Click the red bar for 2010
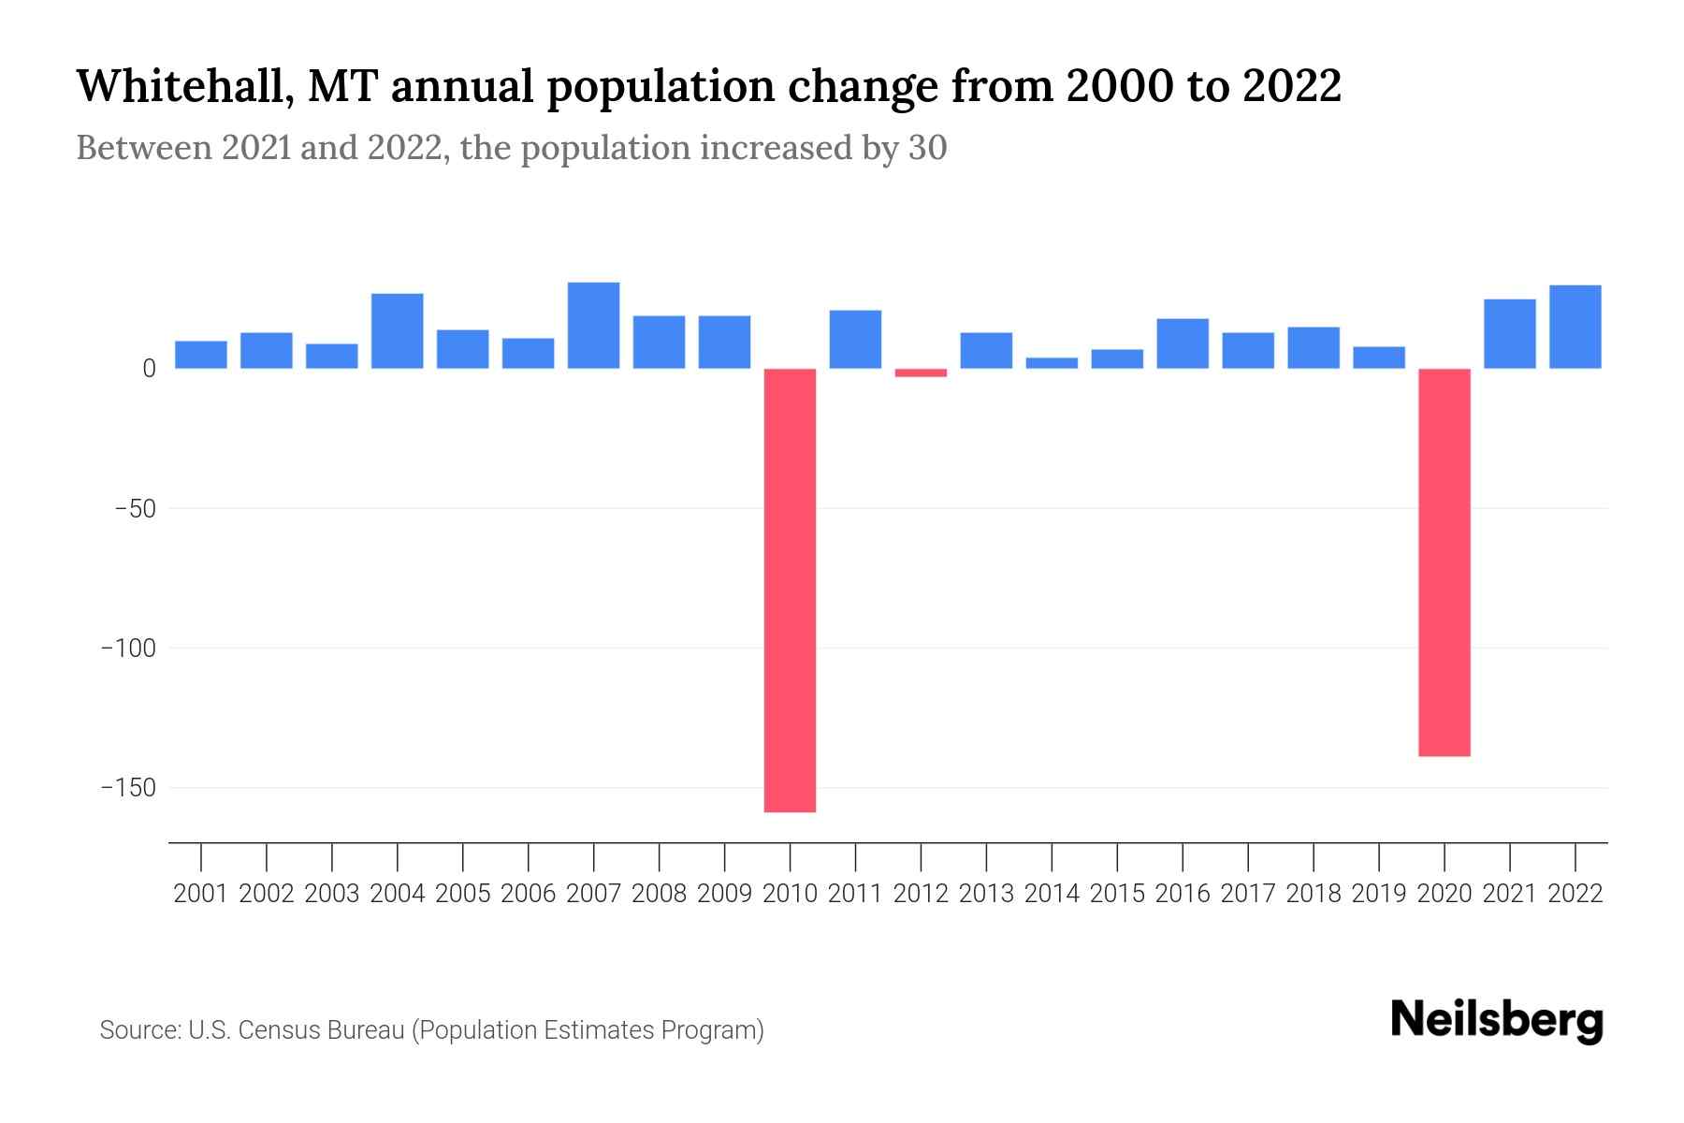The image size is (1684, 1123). coord(790,590)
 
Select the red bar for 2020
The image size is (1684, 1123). coord(1444,561)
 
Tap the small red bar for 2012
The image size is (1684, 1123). coord(921,372)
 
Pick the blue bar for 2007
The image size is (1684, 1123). coord(593,325)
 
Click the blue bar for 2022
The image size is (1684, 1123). coord(1575,327)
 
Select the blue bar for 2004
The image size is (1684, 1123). coord(397,330)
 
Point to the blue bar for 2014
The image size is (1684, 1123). coord(1052,363)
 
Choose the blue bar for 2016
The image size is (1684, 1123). coord(1183,343)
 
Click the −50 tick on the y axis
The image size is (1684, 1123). coord(135,509)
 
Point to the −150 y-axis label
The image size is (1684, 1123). coord(129,788)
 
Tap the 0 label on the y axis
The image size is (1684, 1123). coord(149,369)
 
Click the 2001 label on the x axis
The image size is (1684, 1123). coord(200,894)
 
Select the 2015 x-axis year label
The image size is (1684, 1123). coord(1117,894)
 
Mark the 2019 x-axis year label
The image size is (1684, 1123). coord(1379,894)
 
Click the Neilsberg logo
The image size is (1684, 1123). coord(1497,1021)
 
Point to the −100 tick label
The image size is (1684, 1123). coord(129,649)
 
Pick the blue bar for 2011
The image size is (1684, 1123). coord(855,339)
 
